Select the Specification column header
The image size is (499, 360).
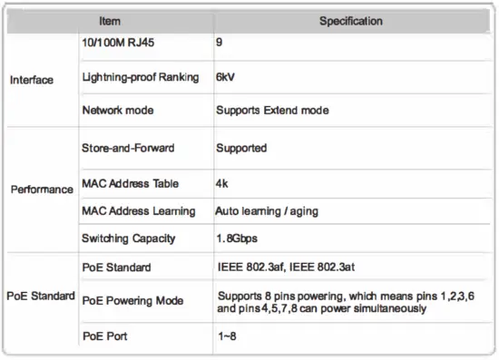tap(350, 21)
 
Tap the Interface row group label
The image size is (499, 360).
tap(32, 80)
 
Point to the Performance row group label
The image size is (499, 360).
tap(42, 190)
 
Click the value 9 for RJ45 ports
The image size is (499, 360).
tap(220, 43)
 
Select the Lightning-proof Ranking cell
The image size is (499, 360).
tap(140, 77)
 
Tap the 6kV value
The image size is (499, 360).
tap(226, 77)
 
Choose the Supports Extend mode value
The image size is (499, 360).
tap(272, 111)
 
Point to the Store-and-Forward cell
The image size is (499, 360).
tap(128, 147)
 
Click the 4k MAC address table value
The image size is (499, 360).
tap(222, 182)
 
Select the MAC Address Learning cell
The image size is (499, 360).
tap(138, 211)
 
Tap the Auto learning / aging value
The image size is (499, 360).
tap(267, 211)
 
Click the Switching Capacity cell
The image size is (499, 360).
tap(129, 239)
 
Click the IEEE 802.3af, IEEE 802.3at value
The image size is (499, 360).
tap(289, 268)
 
